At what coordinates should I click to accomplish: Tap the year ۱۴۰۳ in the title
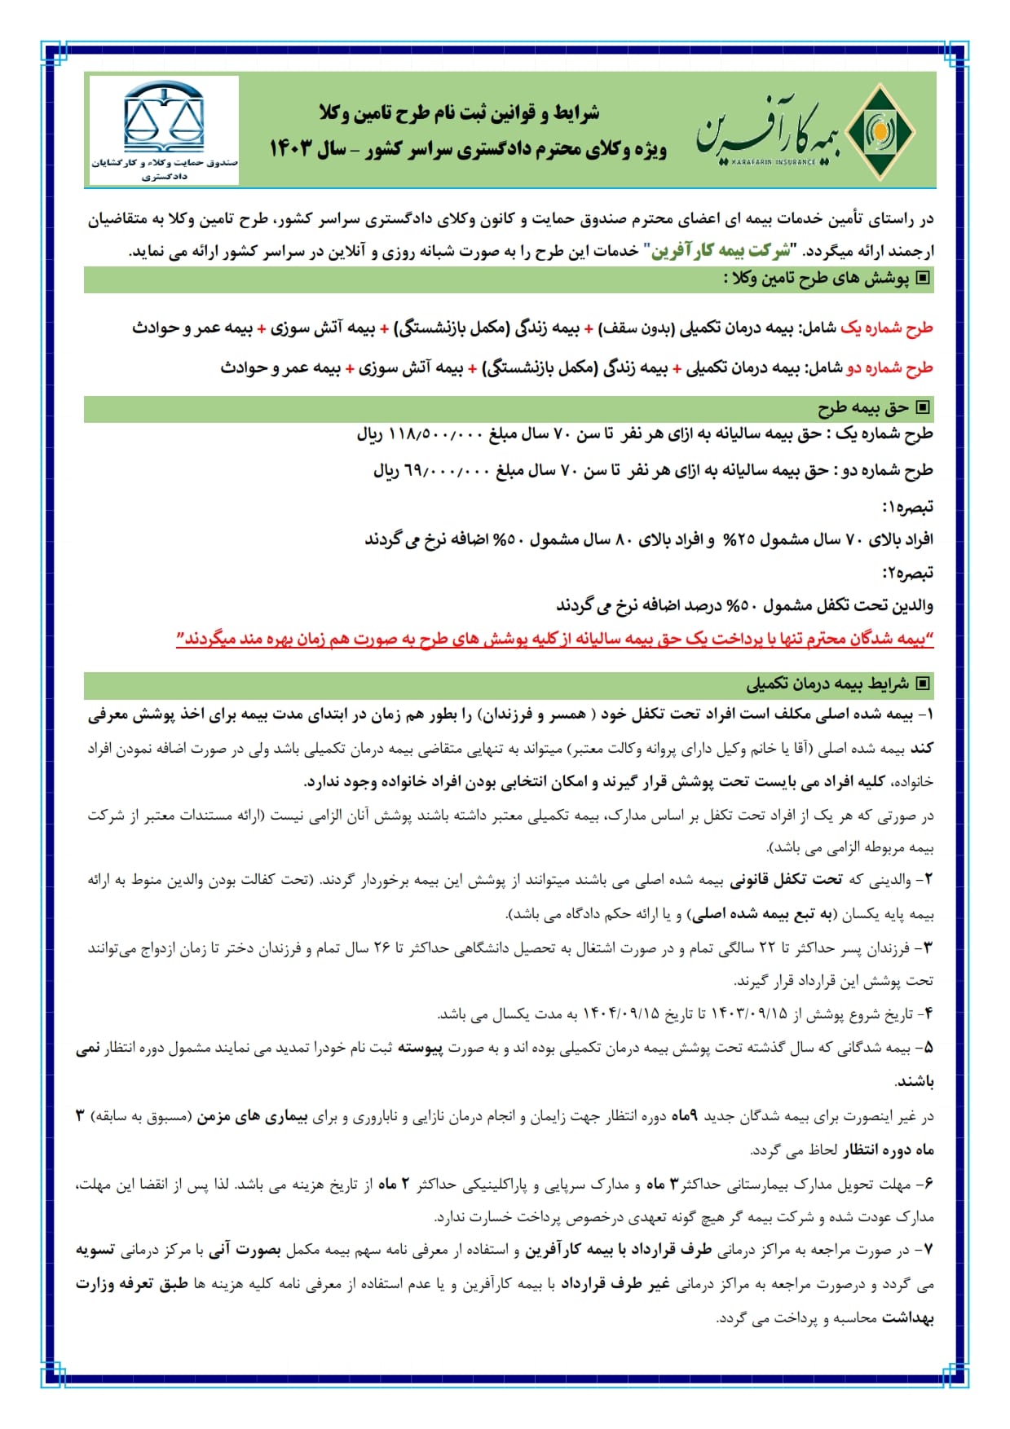291,149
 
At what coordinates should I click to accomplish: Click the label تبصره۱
907,507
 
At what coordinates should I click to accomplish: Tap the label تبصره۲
907,573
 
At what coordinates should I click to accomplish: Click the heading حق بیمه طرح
863,407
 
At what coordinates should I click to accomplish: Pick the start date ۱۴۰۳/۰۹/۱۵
749,1014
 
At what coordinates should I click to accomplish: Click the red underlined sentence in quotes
554,640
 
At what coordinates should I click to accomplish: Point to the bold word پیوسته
420,1049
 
